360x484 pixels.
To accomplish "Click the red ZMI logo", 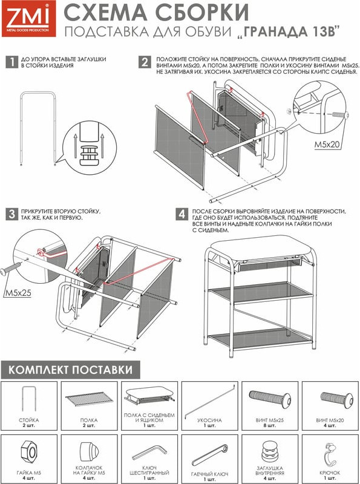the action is click(28, 19).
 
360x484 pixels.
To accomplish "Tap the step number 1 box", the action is click(11, 62).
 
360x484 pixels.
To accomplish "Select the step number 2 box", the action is click(145, 62).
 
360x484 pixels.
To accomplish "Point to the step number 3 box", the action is click(11, 214).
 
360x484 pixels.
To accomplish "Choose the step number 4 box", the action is click(182, 214).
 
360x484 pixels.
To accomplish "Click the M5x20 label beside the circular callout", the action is click(327, 144).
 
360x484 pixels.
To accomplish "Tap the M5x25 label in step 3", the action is click(18, 293).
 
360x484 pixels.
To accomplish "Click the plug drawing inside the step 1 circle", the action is click(90, 153).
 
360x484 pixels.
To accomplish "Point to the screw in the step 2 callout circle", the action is click(340, 115).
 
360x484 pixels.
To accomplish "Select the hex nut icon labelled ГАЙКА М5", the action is click(30, 452).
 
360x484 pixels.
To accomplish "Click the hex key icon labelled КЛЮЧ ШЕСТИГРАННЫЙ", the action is click(149, 452).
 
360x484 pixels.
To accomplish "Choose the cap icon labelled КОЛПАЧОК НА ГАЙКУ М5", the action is click(89, 451).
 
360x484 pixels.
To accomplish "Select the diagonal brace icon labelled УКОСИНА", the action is click(210, 401).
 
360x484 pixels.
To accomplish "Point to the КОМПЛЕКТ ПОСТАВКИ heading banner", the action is click(70, 370).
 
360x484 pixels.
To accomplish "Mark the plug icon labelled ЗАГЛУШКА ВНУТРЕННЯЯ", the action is click(270, 452).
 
